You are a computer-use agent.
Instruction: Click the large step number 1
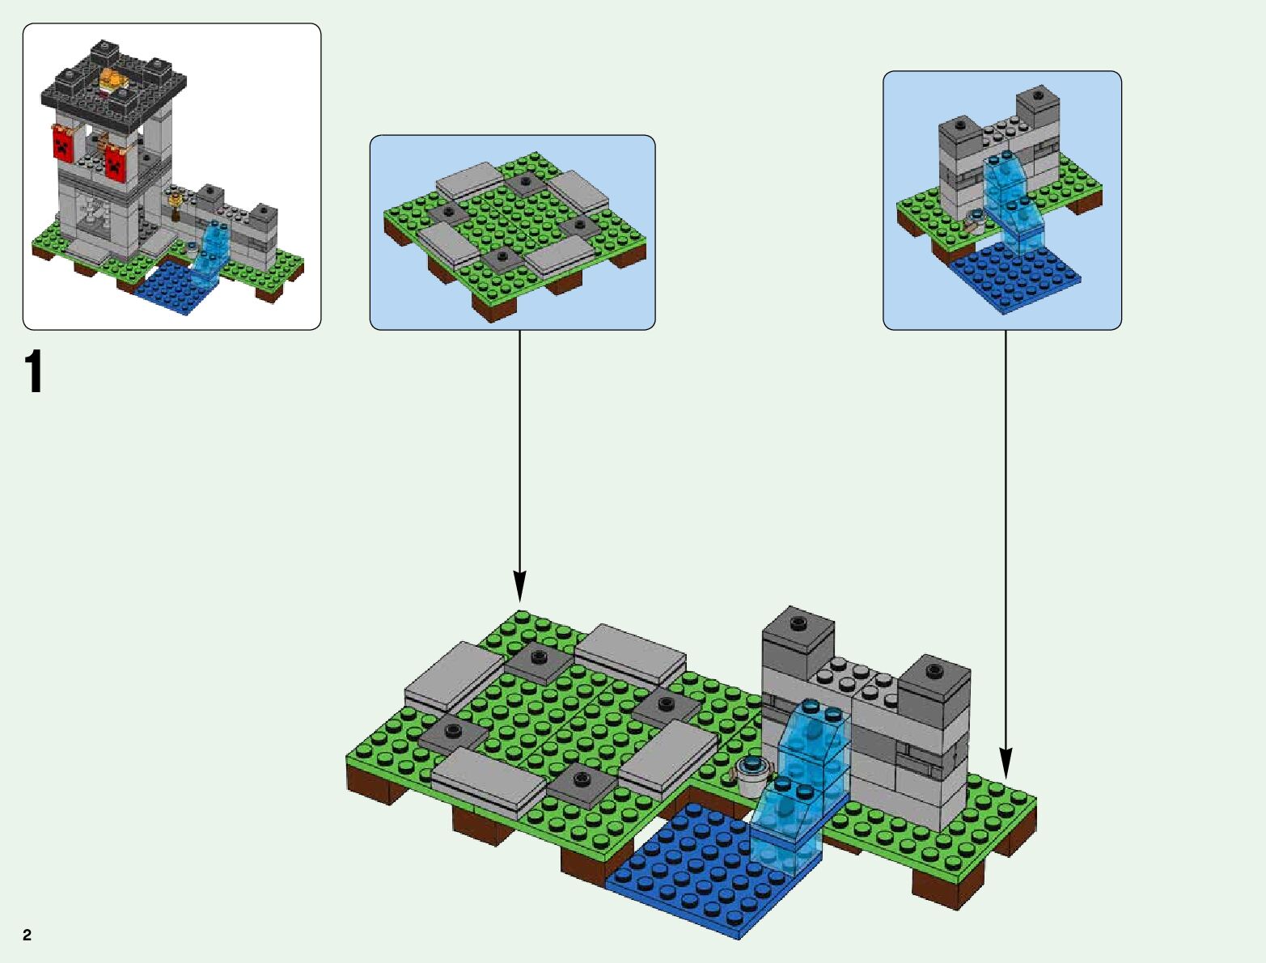click(x=33, y=373)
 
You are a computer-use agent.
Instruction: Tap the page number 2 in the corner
click(x=28, y=936)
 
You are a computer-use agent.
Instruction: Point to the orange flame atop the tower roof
click(x=114, y=79)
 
